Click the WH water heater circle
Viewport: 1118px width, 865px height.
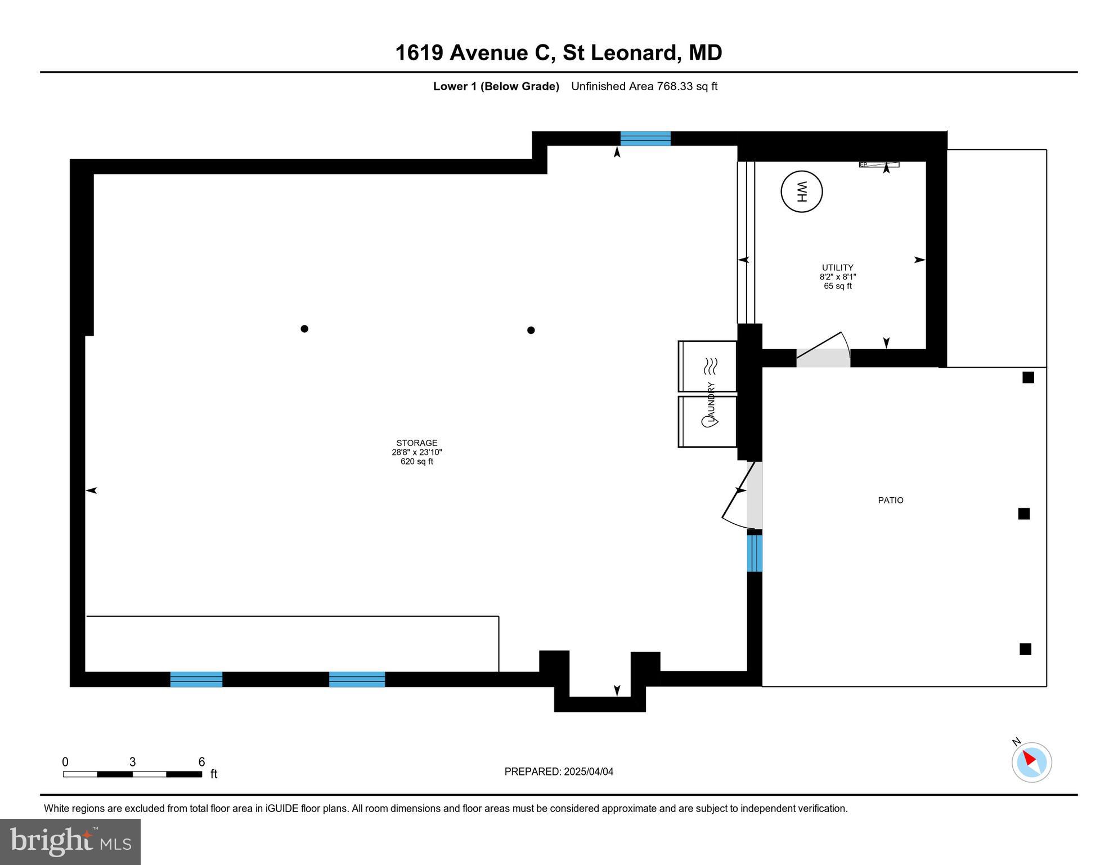(x=801, y=191)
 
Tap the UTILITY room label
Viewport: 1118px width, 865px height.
(x=837, y=268)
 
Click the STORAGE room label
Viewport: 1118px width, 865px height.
(x=416, y=443)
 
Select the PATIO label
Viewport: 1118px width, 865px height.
(x=891, y=500)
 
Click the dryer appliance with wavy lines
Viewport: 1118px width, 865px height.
(x=707, y=366)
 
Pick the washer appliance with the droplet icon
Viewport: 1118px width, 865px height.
(x=707, y=421)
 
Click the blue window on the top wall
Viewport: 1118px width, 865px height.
(x=645, y=139)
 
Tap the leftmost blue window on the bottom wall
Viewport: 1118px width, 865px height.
(x=196, y=679)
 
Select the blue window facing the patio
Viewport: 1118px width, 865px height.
(x=755, y=553)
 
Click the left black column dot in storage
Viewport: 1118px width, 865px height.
(x=304, y=329)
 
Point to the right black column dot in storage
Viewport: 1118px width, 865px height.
(x=531, y=330)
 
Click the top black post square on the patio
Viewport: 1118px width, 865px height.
(x=1028, y=377)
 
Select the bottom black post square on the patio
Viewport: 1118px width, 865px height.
(x=1025, y=649)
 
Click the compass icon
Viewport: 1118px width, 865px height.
(x=1031, y=762)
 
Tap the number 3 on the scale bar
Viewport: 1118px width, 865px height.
(x=132, y=762)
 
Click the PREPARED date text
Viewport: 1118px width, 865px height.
(x=558, y=772)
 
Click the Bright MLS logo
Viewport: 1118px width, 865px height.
(x=70, y=841)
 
